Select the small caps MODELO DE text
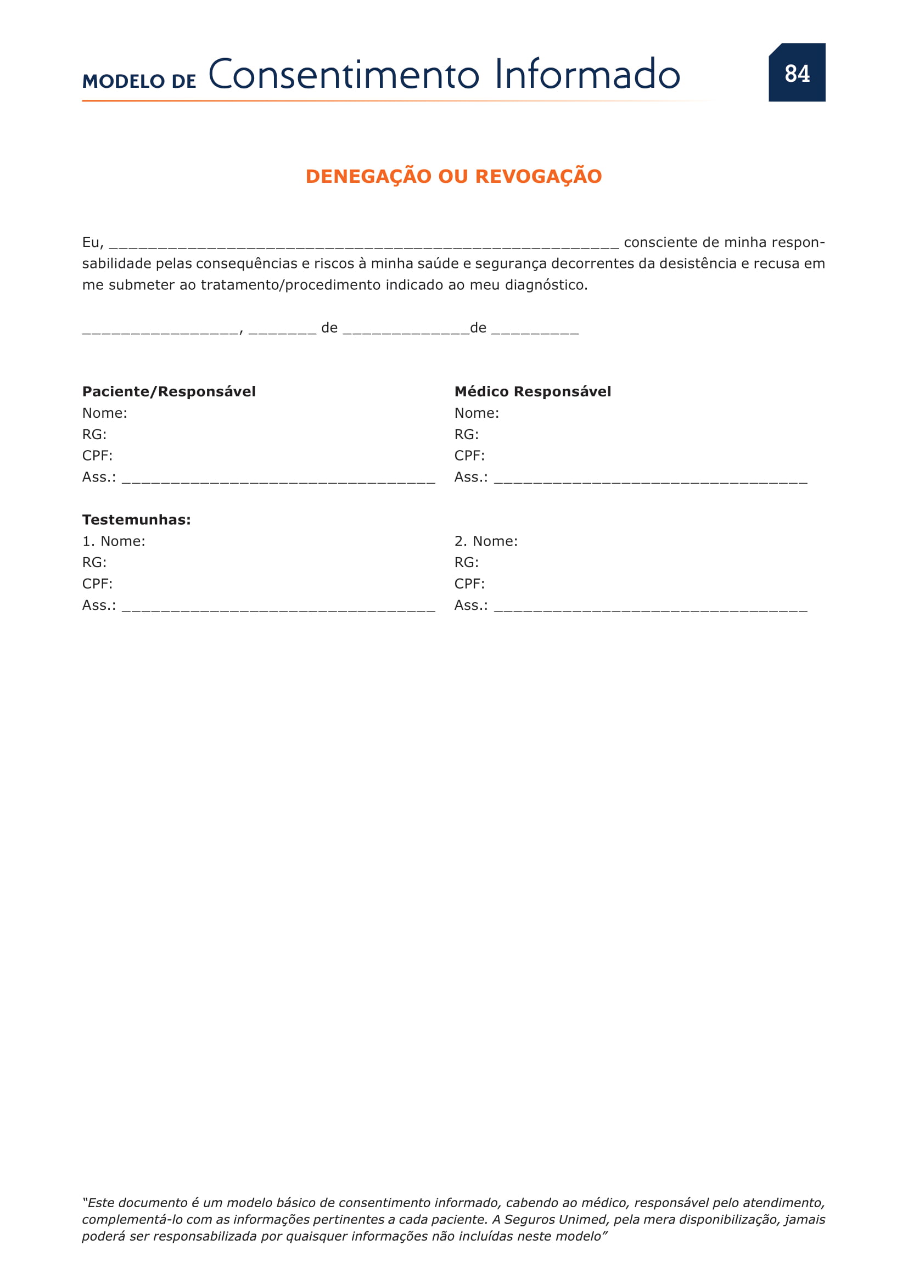click(x=139, y=82)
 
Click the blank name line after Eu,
click(x=363, y=244)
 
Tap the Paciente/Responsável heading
click(x=169, y=391)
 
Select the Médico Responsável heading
click(x=533, y=391)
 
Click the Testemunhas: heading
click(x=137, y=519)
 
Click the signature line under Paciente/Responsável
click(x=278, y=480)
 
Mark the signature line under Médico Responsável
click(x=650, y=480)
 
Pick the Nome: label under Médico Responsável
click(x=477, y=413)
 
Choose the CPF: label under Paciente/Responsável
click(x=97, y=456)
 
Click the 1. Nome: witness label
click(x=114, y=541)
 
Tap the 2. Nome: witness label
click(x=485, y=541)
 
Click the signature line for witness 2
click(x=650, y=608)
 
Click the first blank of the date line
click(x=160, y=330)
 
